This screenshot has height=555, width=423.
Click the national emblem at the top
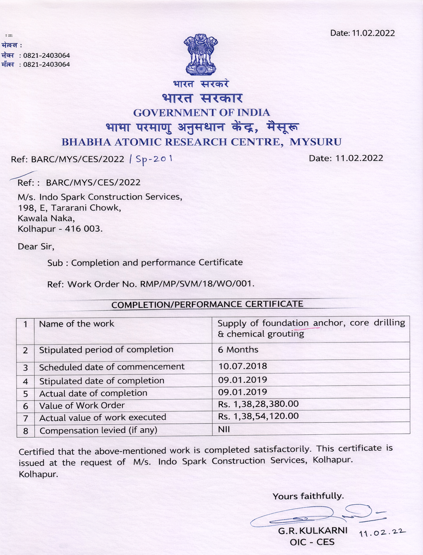click(x=201, y=55)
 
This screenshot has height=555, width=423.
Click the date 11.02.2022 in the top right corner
click(x=362, y=33)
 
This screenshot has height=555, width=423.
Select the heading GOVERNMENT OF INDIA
click(x=201, y=113)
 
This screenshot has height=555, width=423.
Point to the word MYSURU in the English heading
click(x=316, y=142)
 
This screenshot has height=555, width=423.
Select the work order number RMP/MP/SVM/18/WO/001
click(x=197, y=284)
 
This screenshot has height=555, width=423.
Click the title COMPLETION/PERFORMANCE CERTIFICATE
click(x=207, y=304)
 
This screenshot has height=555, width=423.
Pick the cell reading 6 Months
click(x=238, y=350)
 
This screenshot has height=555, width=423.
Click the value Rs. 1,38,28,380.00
click(x=258, y=404)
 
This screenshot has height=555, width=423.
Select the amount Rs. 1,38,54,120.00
click(x=258, y=416)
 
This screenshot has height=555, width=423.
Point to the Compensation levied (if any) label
click(x=98, y=430)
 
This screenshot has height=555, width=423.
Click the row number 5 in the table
click(x=25, y=394)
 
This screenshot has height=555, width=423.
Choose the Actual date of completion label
click(x=93, y=393)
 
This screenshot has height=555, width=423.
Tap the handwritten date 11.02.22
click(x=382, y=533)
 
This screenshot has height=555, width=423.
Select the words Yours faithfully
click(x=308, y=496)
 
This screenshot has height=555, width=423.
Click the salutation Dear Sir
click(x=36, y=247)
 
